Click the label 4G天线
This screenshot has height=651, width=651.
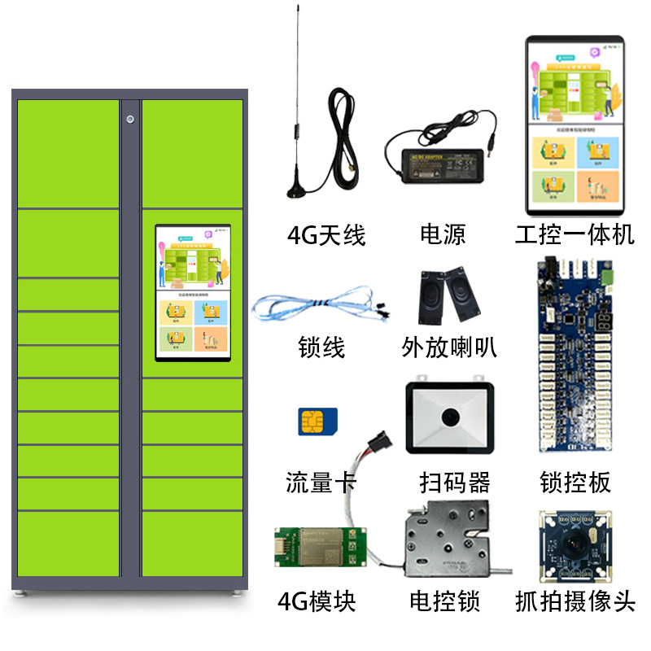326,236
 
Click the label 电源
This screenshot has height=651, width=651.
443,236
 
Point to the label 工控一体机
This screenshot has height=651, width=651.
575,236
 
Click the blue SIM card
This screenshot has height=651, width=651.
317,422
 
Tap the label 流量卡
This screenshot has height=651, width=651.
321,482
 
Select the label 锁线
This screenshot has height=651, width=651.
322,347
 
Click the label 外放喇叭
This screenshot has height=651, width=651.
449,347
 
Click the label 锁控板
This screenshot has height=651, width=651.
575,483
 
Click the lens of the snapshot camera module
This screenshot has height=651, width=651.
575,550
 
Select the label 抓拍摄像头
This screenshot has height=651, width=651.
575,602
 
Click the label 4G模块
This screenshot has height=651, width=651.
317,602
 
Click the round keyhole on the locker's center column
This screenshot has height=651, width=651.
131,120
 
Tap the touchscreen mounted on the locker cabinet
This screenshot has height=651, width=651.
193,293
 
